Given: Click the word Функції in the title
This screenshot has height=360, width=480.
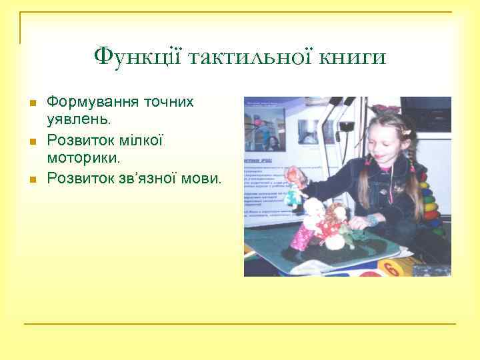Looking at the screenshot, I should click(x=137, y=56).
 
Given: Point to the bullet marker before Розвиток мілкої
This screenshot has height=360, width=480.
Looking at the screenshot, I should click(x=31, y=141).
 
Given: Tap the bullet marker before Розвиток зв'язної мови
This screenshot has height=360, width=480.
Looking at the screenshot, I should click(x=31, y=179).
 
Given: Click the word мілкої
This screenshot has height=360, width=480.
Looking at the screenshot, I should click(x=141, y=140).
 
